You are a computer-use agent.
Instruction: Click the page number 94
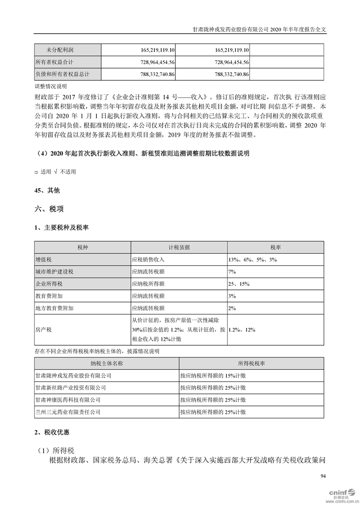point(322,476)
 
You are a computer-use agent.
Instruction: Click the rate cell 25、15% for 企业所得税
point(239,284)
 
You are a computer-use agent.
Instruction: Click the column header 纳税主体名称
point(107,363)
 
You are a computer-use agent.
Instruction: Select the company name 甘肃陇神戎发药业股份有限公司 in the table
point(73,376)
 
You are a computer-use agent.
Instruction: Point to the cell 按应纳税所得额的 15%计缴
point(213,376)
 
